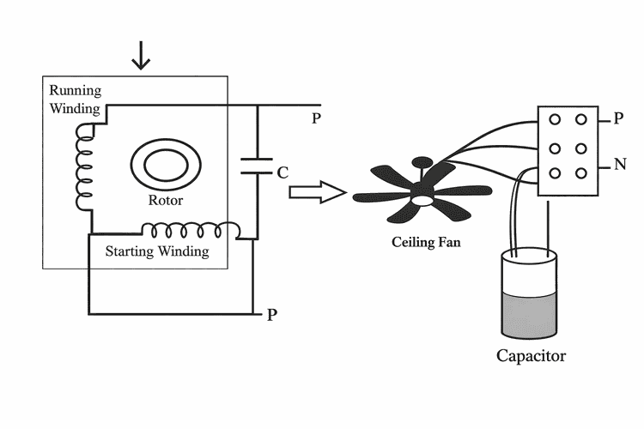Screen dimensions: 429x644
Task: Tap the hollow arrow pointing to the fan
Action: tap(316, 192)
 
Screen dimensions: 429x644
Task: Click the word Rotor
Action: tap(166, 201)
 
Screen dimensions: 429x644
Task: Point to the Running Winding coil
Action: tap(84, 167)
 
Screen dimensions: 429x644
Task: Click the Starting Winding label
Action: tap(156, 251)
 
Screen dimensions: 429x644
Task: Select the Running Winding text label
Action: tap(75, 100)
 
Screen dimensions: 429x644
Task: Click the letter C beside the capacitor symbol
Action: tap(282, 172)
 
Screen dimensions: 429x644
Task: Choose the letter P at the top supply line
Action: tap(316, 118)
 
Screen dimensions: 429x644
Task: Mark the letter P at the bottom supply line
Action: tap(271, 314)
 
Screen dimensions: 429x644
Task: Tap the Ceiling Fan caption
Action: tap(426, 242)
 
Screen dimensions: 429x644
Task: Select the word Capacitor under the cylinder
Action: tap(532, 355)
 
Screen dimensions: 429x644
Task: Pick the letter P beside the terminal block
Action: tap(618, 119)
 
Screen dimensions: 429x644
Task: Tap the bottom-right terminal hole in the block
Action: tap(581, 172)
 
